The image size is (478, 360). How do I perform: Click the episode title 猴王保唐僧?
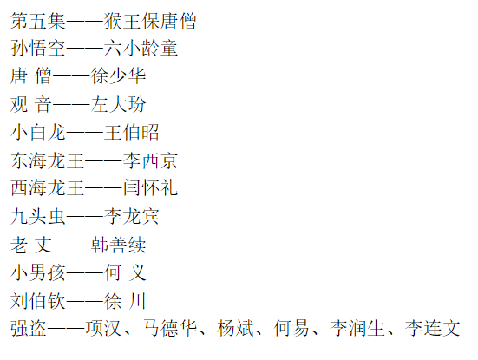150,22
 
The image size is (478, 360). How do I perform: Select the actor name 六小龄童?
141,49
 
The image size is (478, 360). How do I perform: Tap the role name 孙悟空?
38,49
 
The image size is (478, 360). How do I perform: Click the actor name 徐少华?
118,75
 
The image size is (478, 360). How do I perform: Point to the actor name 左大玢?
118,104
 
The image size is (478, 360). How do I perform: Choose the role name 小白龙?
38,133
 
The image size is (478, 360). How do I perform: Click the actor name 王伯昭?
131,133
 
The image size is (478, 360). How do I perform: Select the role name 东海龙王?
47,160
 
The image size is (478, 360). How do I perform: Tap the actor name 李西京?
150,160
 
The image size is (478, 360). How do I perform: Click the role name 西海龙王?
47,187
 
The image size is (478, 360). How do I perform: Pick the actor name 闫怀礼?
150,187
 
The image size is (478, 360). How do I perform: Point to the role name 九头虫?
38,216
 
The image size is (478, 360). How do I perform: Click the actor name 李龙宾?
131,216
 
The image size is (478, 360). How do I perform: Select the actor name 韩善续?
118,245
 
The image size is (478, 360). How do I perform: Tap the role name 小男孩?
38,272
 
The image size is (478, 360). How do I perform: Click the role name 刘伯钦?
38,301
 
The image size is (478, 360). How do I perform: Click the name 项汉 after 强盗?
103,328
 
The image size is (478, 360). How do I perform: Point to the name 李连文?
432,328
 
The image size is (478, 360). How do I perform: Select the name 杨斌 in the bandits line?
235,328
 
